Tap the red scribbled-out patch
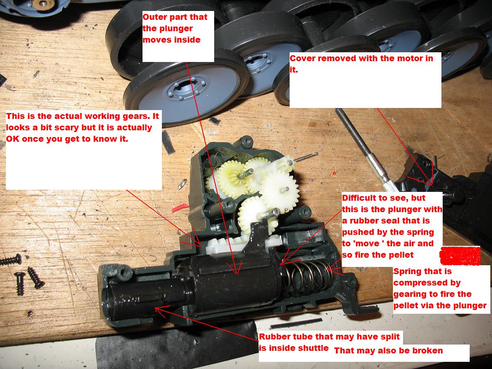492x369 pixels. (x=460, y=256)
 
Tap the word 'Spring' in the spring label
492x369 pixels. (x=407, y=272)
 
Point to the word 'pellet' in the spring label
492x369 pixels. (x=407, y=305)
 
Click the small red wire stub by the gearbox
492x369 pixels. (x=180, y=208)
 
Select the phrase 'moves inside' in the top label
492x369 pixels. (x=172, y=40)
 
